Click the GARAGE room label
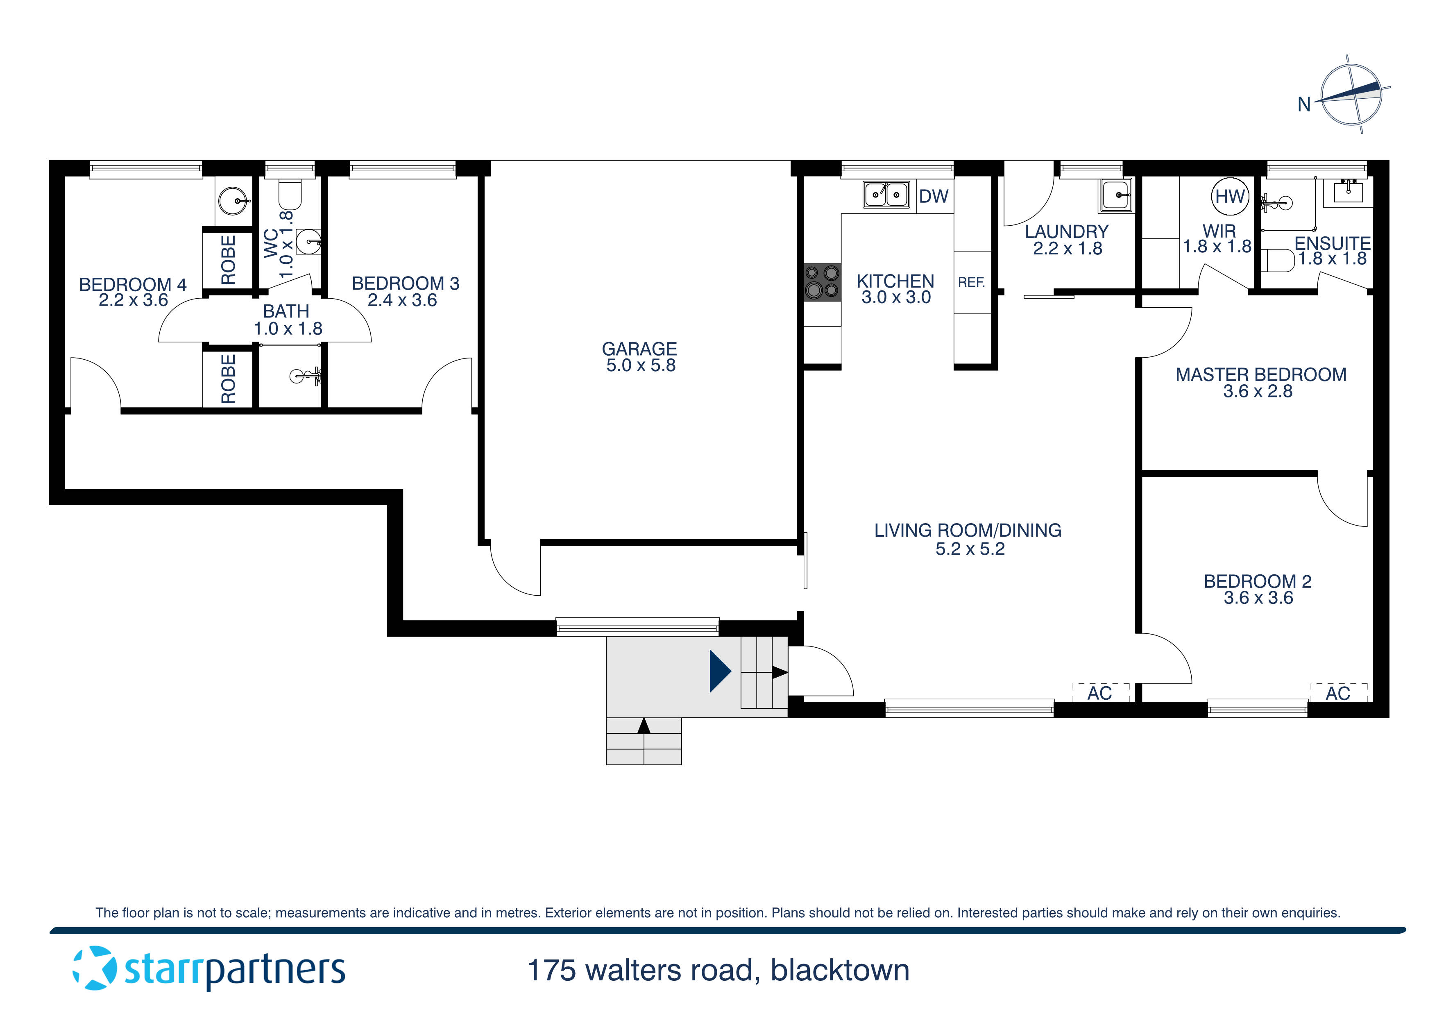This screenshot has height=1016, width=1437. [639, 349]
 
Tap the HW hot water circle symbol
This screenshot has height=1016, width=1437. [1229, 197]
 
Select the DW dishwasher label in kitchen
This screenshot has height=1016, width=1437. [933, 197]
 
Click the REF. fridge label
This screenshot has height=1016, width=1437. [971, 282]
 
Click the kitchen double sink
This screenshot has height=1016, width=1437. [886, 195]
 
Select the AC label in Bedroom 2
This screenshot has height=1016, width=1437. [1337, 694]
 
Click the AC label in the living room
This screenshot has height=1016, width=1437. [1099, 694]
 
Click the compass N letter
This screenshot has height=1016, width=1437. [1304, 104]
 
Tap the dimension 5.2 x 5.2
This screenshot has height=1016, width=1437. [970, 549]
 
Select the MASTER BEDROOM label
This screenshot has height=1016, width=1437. [1260, 374]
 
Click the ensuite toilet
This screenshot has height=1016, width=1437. [1277, 261]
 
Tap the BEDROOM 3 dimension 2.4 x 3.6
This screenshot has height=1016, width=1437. [402, 300]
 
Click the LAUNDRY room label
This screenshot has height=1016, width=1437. [1066, 231]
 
